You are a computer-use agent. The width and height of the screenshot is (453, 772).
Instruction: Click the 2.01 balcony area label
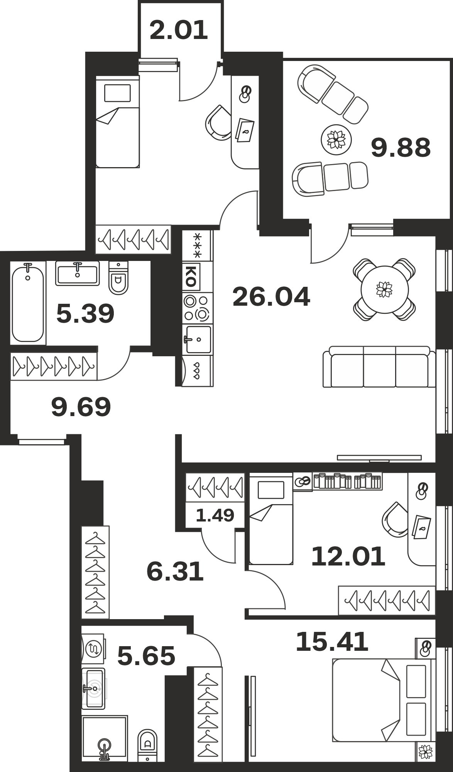pyautogui.click(x=179, y=30)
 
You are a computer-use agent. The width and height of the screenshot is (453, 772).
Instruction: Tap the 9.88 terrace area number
pyautogui.click(x=401, y=148)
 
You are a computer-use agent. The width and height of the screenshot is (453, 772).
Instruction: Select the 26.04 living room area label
pyautogui.click(x=271, y=297)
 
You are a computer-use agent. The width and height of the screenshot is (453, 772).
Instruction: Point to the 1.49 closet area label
pyautogui.click(x=215, y=515)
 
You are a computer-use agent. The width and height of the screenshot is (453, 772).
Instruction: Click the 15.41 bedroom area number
pyautogui.click(x=332, y=642)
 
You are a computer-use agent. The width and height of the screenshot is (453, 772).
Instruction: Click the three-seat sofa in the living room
pyautogui.click(x=376, y=367)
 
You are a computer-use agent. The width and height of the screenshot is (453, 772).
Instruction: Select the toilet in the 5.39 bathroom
pyautogui.click(x=118, y=278)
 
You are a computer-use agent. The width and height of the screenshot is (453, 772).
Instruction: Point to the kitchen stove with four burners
pyautogui.click(x=198, y=308)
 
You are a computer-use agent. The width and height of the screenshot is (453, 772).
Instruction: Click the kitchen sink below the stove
pyautogui.click(x=198, y=339)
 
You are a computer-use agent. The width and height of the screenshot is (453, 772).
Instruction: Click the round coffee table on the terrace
pyautogui.click(x=336, y=140)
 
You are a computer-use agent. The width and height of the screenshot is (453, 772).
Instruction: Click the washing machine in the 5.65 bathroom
pyautogui.click(x=93, y=648)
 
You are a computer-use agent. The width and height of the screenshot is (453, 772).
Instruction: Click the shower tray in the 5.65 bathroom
pyautogui.click(x=104, y=738)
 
